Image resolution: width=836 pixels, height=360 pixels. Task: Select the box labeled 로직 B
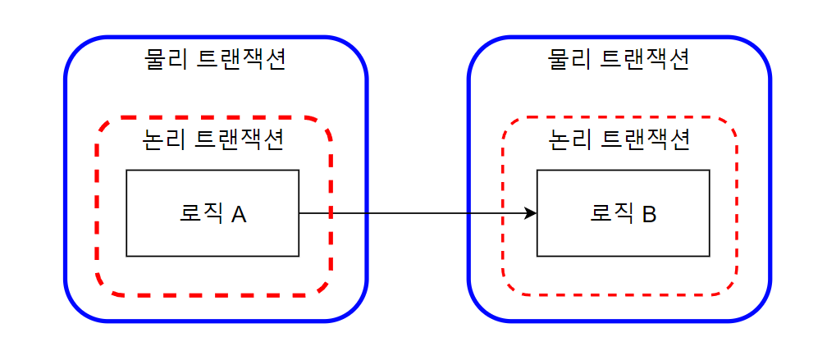click(623, 238)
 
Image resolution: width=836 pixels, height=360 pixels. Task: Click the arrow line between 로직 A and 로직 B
click(410, 214)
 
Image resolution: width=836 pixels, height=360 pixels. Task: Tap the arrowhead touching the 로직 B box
click(531, 214)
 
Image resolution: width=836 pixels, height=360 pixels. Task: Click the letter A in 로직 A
click(239, 215)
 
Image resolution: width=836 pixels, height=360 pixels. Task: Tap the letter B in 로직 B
click(648, 215)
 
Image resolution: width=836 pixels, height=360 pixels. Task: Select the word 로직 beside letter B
click(611, 214)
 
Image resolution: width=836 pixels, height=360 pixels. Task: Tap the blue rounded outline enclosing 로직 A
click(66, 180)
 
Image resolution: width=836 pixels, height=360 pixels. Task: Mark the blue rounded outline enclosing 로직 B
click(770, 180)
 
